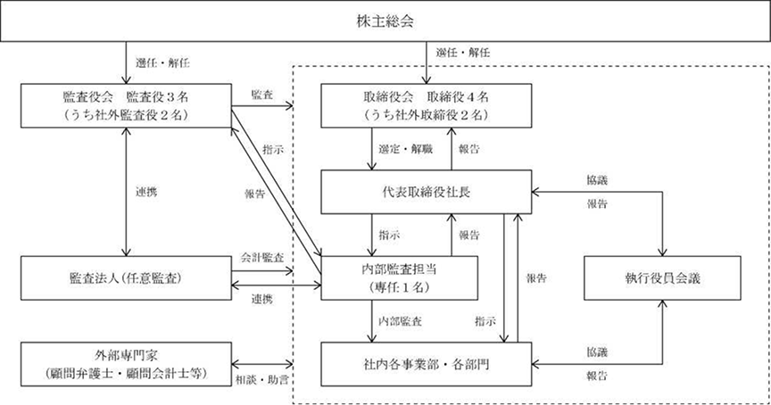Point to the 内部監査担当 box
coord(399,278)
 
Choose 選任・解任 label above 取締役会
coord(458,54)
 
